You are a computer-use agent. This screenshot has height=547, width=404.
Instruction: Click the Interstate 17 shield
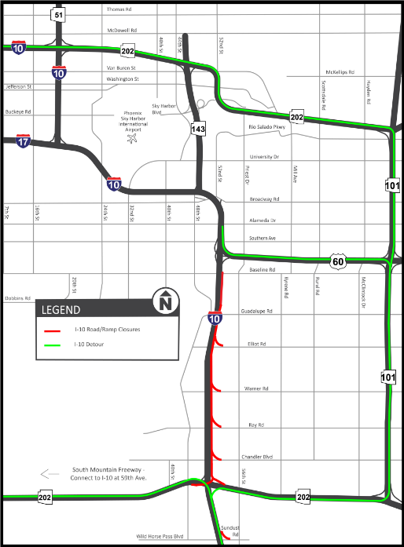pyautogui.click(x=24, y=142)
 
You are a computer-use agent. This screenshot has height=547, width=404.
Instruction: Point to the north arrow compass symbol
pyautogui.click(x=165, y=301)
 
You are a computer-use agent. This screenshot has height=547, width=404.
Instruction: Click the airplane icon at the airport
pyautogui.click(x=130, y=139)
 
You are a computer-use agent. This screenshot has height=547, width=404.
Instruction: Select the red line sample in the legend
pyautogui.click(x=53, y=330)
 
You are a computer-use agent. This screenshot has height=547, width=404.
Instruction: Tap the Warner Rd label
pyautogui.click(x=256, y=388)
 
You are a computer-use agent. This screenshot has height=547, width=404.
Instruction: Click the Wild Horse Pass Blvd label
pyautogui.click(x=161, y=536)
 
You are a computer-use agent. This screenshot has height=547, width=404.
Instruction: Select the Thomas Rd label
pyautogui.click(x=119, y=10)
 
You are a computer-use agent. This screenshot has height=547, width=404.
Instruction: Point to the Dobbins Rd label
pyautogui.click(x=17, y=298)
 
